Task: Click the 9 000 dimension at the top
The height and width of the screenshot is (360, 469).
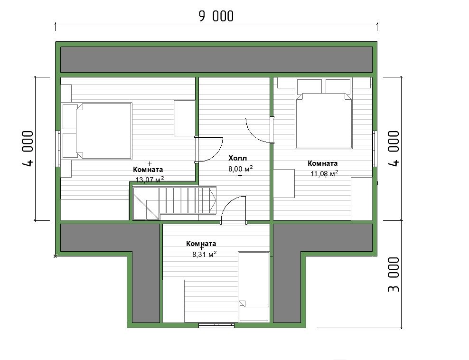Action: coord(216,16)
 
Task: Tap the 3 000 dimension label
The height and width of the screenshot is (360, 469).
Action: coord(394,274)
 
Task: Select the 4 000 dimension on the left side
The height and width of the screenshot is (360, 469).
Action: coord(28,149)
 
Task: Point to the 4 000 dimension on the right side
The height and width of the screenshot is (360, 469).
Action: coord(394,149)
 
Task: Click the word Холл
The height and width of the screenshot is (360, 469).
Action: coord(238,158)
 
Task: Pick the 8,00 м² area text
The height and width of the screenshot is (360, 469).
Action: coord(241,169)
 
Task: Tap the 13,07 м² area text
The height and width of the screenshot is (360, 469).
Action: coord(150,180)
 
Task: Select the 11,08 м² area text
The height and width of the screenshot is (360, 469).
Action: coord(325,173)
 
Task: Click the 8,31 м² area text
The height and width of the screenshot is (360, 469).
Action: coord(204,255)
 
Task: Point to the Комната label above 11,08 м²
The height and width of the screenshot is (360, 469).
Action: coord(323,163)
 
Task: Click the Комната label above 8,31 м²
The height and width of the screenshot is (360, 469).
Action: coord(201,244)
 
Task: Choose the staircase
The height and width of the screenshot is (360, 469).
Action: coord(174,203)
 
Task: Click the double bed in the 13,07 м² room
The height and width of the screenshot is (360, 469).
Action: coord(97,131)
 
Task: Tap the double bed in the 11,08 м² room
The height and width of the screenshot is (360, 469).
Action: coord(324,114)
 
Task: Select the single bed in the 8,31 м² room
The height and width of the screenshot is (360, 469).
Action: coord(254,287)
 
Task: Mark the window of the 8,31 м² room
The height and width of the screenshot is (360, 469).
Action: coord(216,325)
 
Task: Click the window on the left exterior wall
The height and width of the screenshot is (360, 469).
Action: coord(58,149)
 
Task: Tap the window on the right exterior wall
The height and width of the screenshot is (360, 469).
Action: coord(375,149)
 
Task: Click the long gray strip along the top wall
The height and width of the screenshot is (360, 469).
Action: coord(216,59)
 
